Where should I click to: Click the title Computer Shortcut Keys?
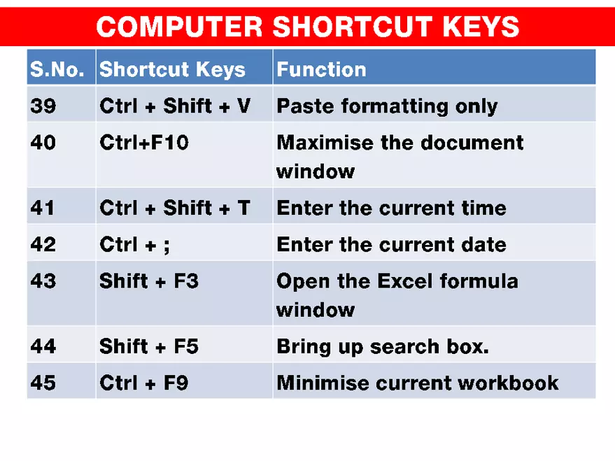pyautogui.click(x=307, y=27)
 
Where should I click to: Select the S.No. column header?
pyautogui.click(x=57, y=69)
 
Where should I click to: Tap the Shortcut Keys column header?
pyautogui.click(x=172, y=69)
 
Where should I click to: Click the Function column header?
pyautogui.click(x=321, y=69)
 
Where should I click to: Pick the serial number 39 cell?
pyautogui.click(x=43, y=106)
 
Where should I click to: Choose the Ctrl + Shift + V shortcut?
pyautogui.click(x=175, y=106)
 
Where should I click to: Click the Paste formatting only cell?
pyautogui.click(x=387, y=106)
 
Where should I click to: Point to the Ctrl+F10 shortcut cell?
pyautogui.click(x=144, y=143)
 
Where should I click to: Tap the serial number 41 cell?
pyautogui.click(x=43, y=208)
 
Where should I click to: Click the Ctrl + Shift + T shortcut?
pyautogui.click(x=174, y=208)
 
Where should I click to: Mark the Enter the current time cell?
pyautogui.click(x=391, y=208)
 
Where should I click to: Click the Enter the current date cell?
pyautogui.click(x=391, y=244)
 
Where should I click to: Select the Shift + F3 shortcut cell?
pyautogui.click(x=149, y=281)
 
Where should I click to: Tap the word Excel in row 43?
pyautogui.click(x=405, y=281)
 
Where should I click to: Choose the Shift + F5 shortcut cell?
pyautogui.click(x=149, y=346)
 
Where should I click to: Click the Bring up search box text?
pyautogui.click(x=382, y=346)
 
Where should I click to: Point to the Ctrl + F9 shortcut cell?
pyautogui.click(x=143, y=383)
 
